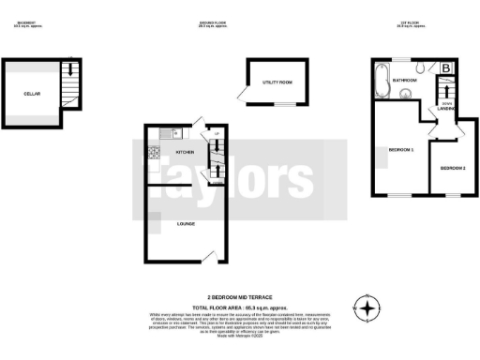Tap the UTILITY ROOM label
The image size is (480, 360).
[x=277, y=82]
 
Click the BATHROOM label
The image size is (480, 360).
[x=405, y=81]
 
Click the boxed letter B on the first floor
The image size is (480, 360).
[x=447, y=67]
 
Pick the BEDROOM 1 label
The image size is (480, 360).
[x=401, y=151]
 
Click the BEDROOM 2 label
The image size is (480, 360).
[x=453, y=168]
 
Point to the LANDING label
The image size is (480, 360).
[x=446, y=109]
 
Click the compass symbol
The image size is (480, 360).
[x=367, y=307]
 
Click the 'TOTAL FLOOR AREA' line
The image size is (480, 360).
[x=239, y=307]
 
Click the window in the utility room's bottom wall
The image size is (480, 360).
[x=279, y=105]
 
